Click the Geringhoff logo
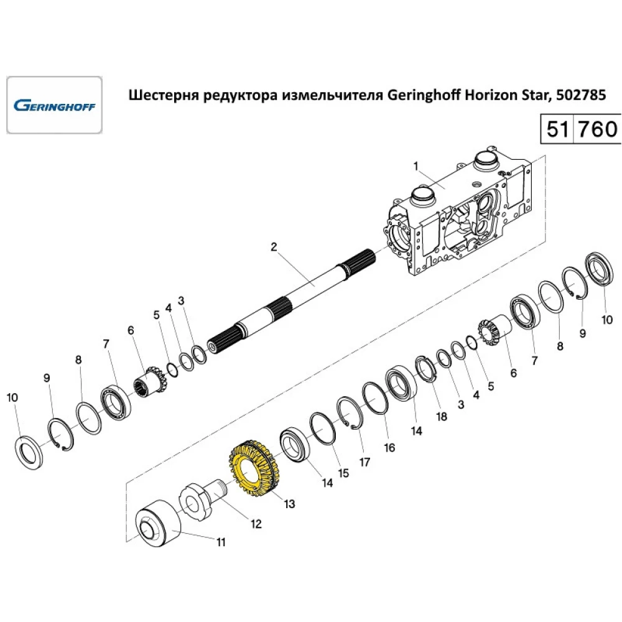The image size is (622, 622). [54, 105]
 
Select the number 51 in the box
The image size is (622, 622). [558, 130]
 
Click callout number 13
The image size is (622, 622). [290, 503]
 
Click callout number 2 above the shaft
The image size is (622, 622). [274, 247]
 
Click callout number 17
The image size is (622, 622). [364, 462]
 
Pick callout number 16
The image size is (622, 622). [389, 447]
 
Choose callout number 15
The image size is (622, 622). [343, 473]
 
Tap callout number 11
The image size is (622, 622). [221, 542]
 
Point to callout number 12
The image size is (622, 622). [256, 523]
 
